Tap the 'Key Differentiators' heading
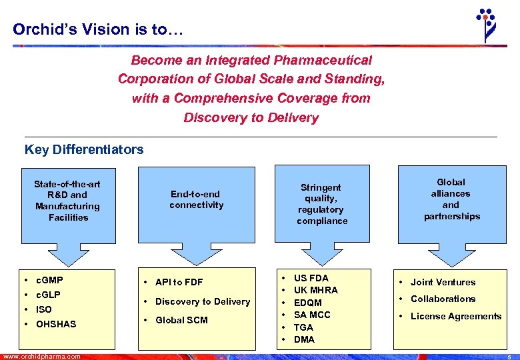point(84,149)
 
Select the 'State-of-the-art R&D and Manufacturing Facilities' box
point(68,200)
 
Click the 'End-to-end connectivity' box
point(196,200)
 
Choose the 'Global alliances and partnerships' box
point(451,199)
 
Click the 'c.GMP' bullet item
point(49,280)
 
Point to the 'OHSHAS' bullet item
point(56,324)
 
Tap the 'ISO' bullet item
point(43,309)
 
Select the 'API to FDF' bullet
point(179,282)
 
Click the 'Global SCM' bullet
point(181,320)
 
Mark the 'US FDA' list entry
point(311,277)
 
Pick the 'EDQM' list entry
point(308,303)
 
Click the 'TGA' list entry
point(304,327)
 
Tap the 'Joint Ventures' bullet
point(443,282)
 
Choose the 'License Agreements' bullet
point(455,316)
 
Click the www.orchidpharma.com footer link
point(41,357)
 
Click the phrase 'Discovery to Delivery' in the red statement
point(251,118)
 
